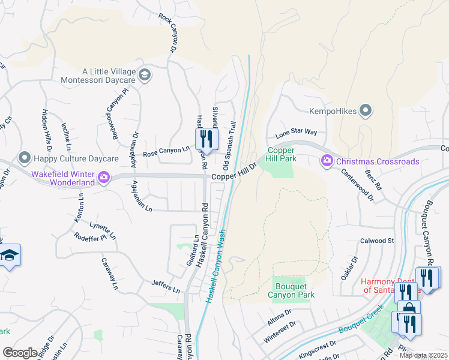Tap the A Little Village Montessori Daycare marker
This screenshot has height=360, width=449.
[x=144, y=75]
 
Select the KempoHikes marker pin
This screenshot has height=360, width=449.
[x=366, y=110]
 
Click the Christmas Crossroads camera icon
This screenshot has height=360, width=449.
[x=327, y=160]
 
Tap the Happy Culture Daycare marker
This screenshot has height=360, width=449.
[x=25, y=158]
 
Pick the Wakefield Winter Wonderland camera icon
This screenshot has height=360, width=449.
[x=104, y=176]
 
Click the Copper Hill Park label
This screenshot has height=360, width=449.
[x=280, y=154]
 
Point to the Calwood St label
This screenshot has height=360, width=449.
[x=376, y=241]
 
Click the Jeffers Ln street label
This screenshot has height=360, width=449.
[x=165, y=286]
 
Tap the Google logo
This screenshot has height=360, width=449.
[x=20, y=352]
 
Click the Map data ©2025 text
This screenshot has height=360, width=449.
[x=423, y=356]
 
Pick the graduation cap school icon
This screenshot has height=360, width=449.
[x=10, y=256]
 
